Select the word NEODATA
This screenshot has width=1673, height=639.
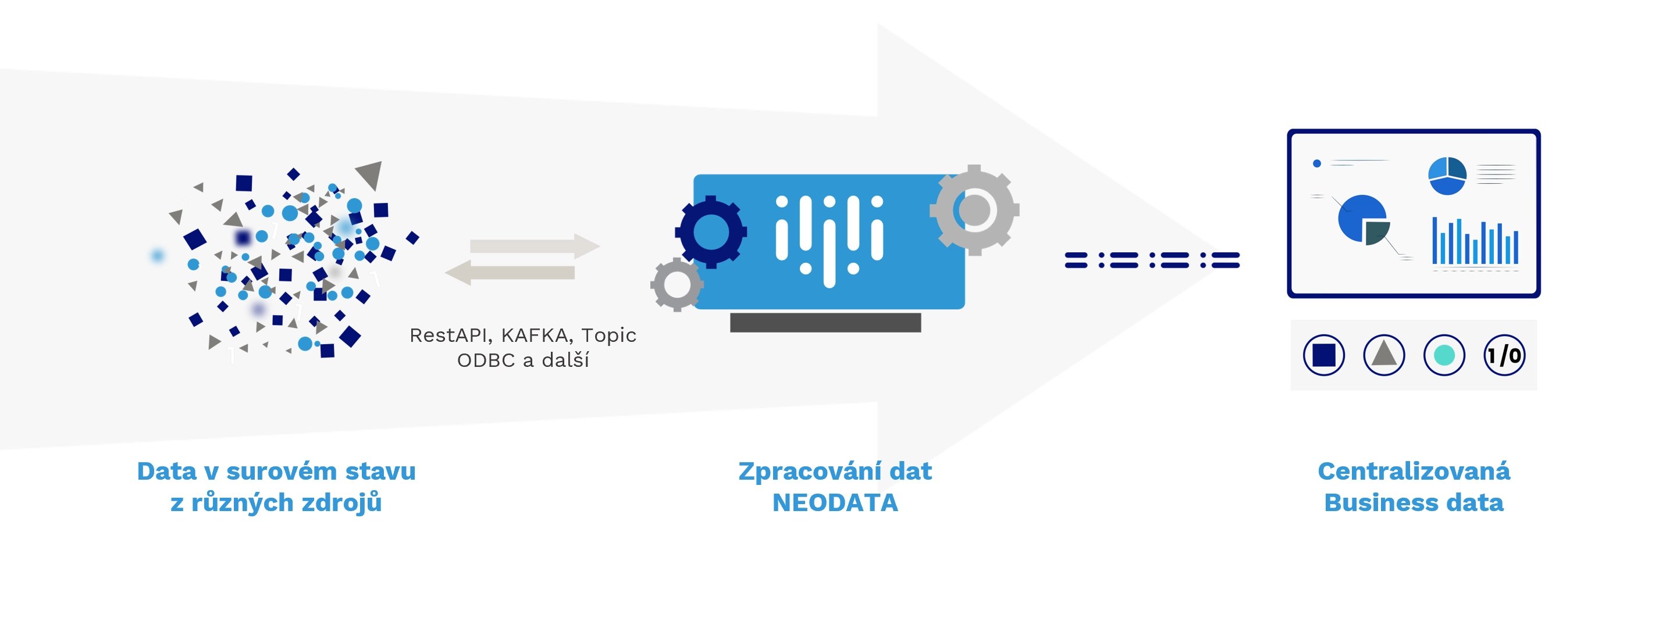tap(835, 502)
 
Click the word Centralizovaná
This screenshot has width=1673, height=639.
tap(1414, 471)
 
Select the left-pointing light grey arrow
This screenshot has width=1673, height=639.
tap(510, 272)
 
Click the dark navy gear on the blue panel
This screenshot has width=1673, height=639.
tap(711, 232)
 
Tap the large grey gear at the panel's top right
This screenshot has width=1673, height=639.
tap(974, 210)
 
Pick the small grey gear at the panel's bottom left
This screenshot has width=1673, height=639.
tap(677, 284)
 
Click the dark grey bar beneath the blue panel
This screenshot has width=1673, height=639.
tap(825, 323)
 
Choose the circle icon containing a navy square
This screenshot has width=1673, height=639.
tap(1323, 355)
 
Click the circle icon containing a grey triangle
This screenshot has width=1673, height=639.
tap(1384, 355)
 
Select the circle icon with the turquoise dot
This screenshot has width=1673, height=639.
tap(1444, 355)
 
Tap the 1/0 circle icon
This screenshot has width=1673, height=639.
tap(1504, 355)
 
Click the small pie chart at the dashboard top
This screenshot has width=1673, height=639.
tap(1447, 176)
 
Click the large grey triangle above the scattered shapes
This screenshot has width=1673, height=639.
tap(369, 174)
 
